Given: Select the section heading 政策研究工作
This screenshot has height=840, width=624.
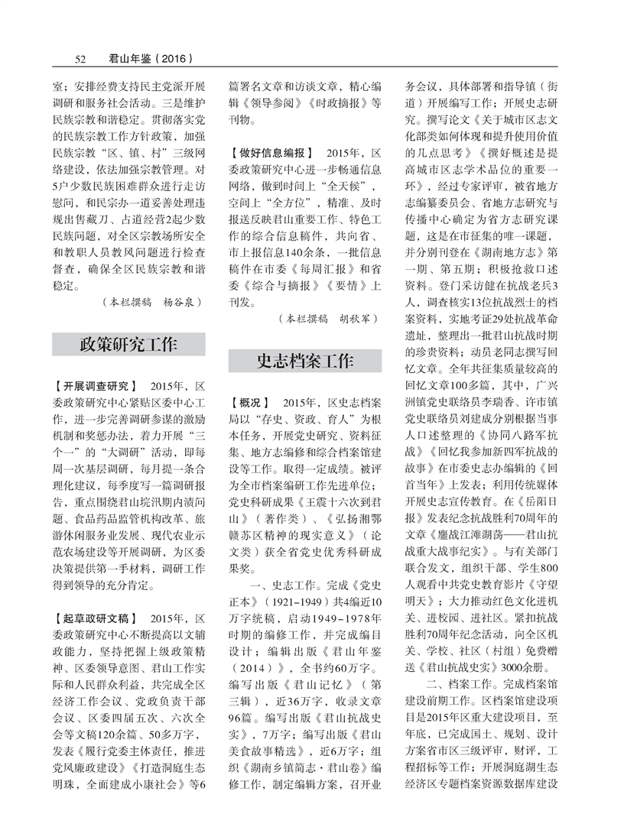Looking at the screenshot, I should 128,344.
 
